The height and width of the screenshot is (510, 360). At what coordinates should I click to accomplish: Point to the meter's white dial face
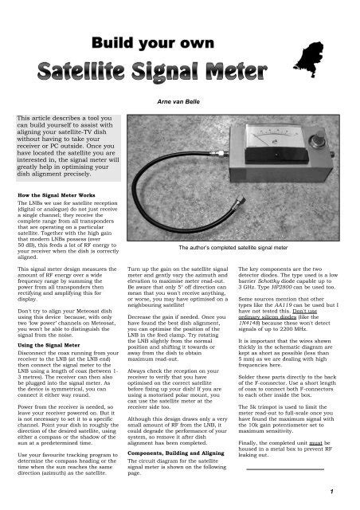coord(284,148)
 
